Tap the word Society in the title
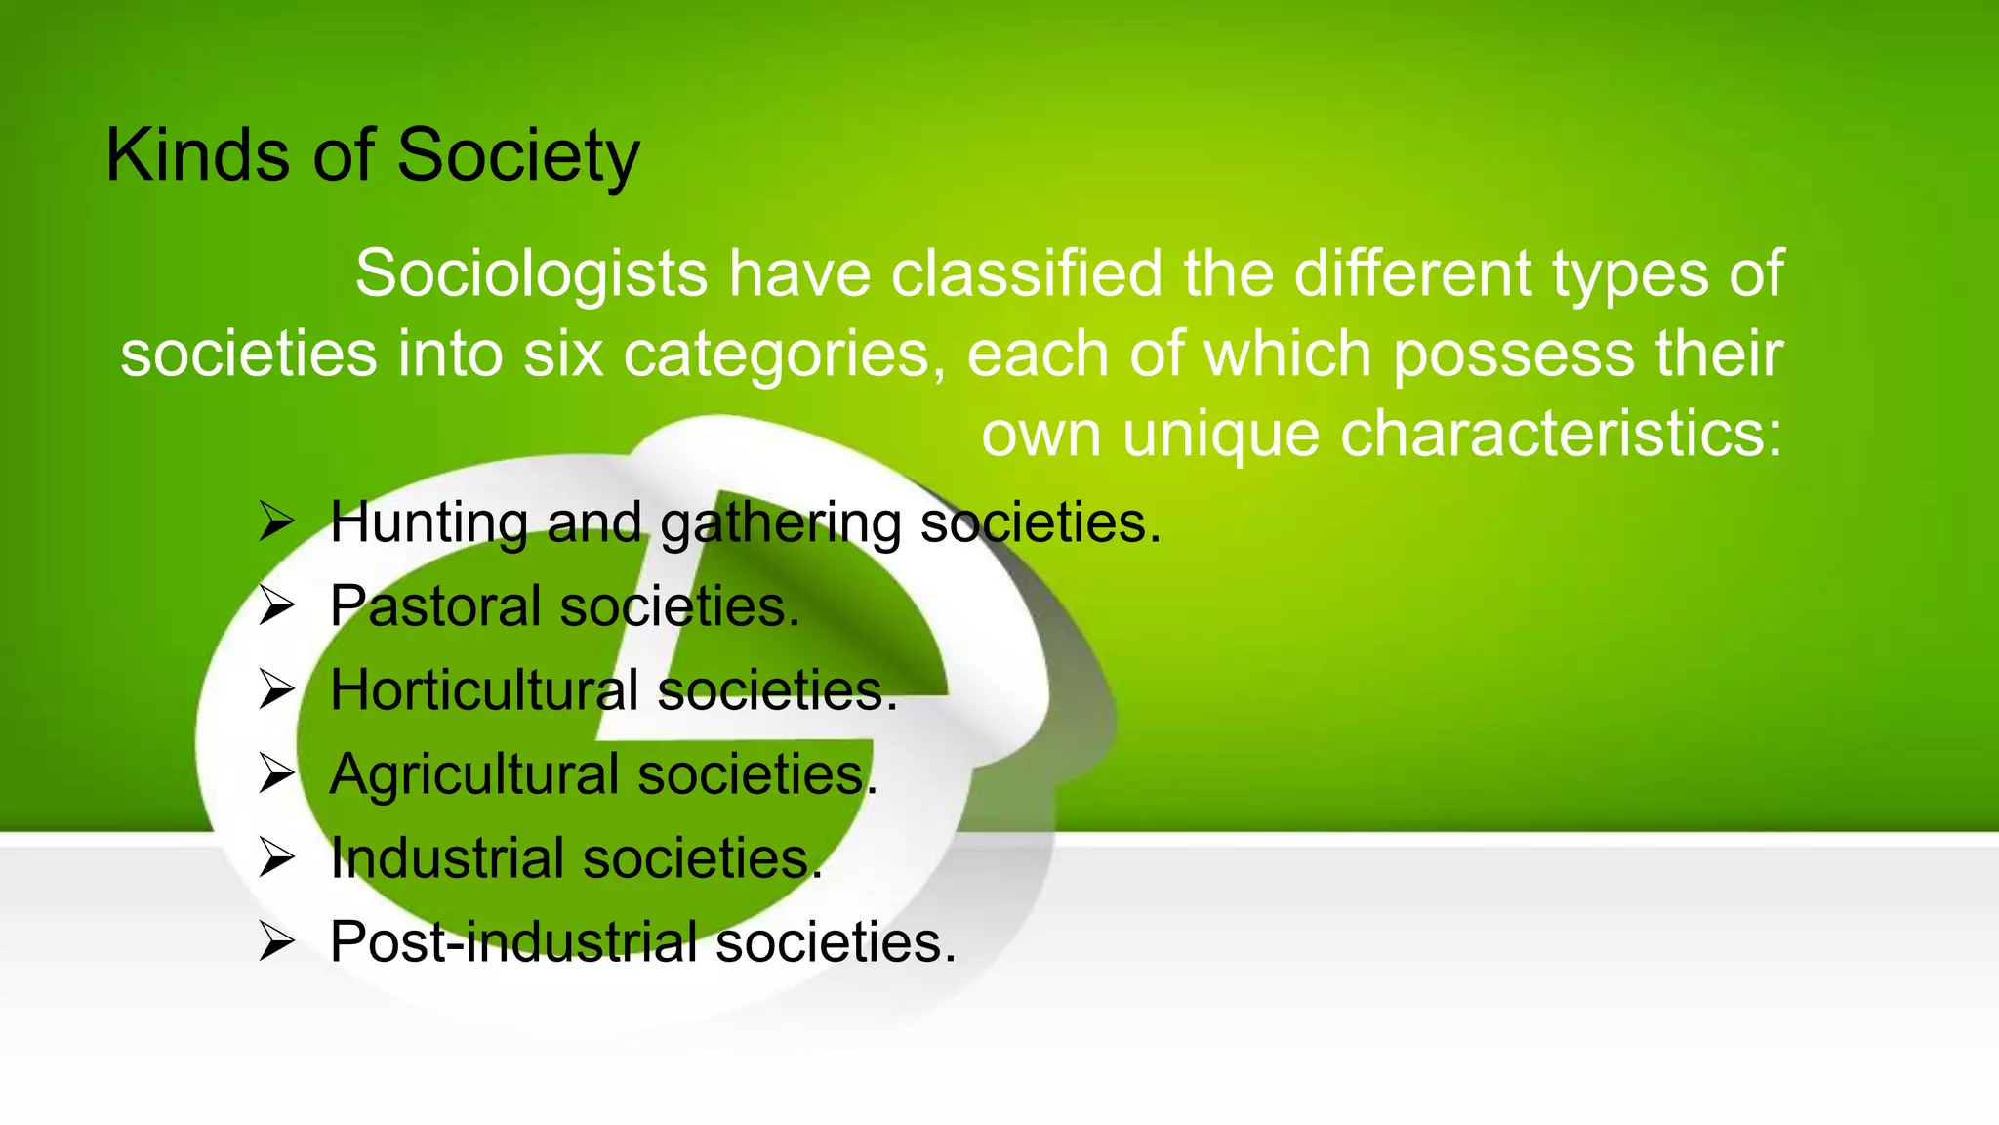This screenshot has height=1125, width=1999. point(518,156)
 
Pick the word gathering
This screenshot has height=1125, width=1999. point(781,523)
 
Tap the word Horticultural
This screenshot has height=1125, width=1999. point(484,689)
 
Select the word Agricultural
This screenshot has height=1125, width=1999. point(474,774)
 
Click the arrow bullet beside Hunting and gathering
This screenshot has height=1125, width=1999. point(276,522)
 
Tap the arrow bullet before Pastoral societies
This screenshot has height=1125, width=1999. point(276,606)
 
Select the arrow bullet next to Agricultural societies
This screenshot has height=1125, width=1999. point(276,774)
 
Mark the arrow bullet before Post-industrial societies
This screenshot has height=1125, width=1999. point(276,942)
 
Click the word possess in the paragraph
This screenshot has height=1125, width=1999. point(1513,354)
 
